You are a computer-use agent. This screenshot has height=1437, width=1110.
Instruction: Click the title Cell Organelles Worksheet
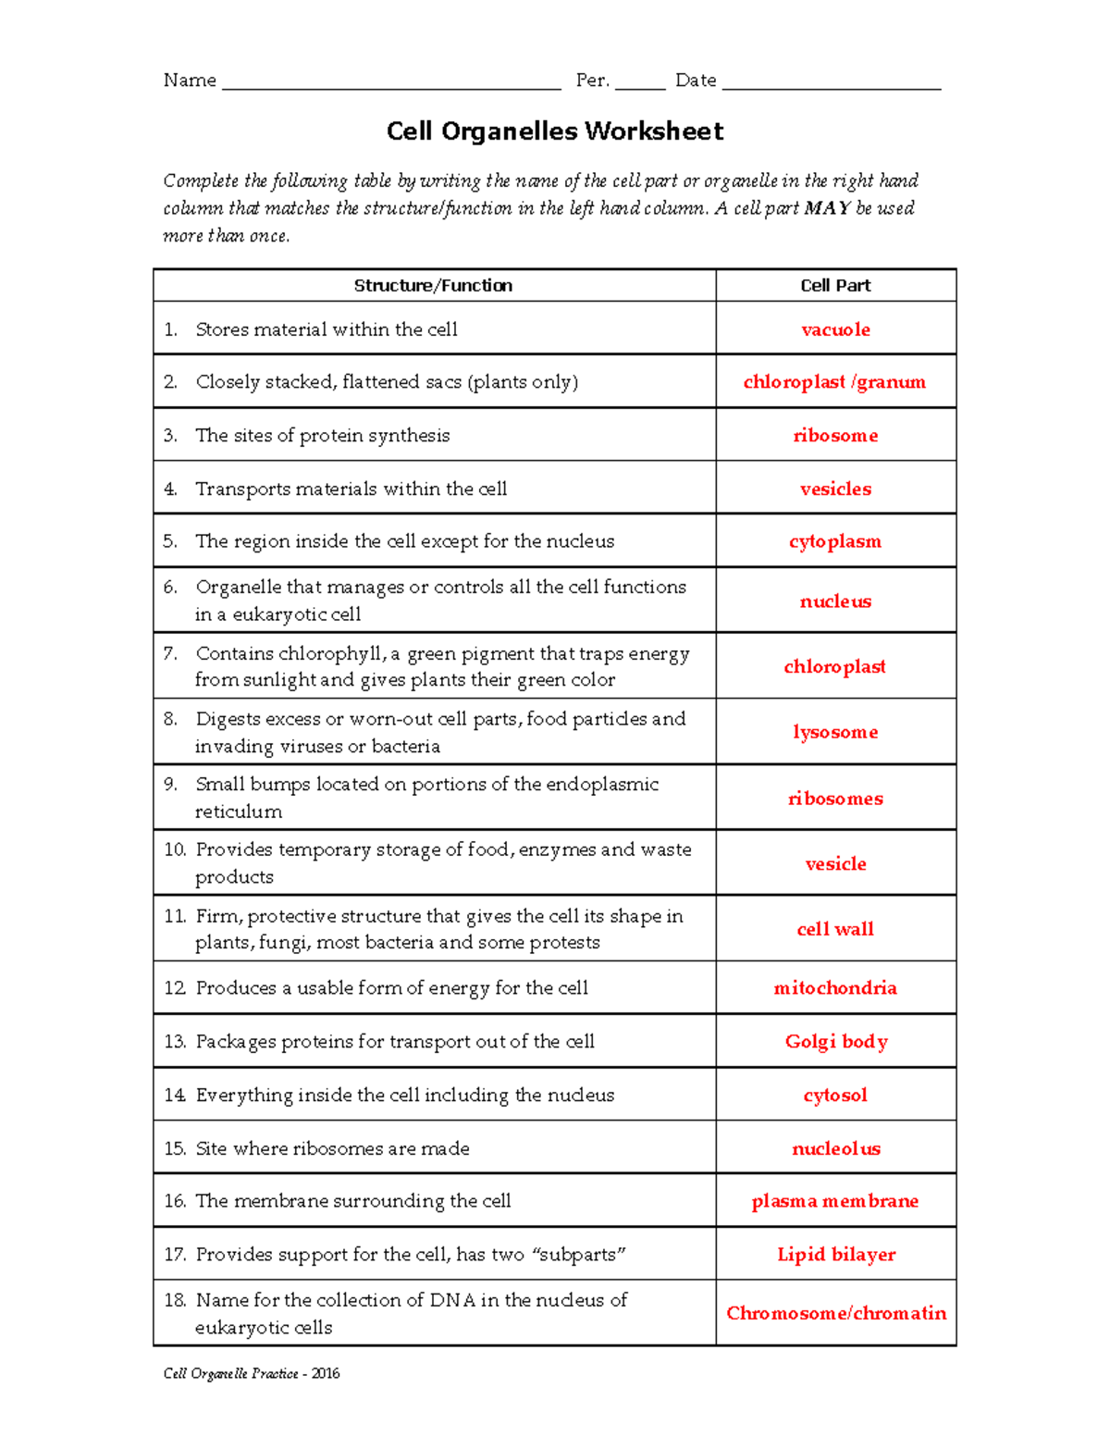(x=555, y=131)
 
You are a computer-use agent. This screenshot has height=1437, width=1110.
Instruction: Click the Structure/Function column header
(x=433, y=286)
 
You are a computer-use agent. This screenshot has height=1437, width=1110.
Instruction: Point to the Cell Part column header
(x=835, y=286)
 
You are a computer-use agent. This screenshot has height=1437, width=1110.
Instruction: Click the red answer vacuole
(x=835, y=329)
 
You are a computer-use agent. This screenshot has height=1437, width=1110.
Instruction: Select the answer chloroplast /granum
(x=834, y=382)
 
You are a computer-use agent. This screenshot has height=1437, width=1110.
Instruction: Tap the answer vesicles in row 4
(x=835, y=489)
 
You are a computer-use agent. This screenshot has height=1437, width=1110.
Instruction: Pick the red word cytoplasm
(x=835, y=541)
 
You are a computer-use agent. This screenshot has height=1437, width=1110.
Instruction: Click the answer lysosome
(x=835, y=732)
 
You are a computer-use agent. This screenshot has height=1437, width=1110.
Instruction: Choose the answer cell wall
(x=835, y=929)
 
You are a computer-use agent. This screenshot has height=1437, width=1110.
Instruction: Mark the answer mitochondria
(x=835, y=988)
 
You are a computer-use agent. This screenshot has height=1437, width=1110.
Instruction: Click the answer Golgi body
(x=836, y=1042)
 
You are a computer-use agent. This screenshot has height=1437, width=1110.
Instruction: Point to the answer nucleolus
(x=836, y=1148)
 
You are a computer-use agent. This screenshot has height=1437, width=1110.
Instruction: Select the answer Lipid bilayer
(x=836, y=1255)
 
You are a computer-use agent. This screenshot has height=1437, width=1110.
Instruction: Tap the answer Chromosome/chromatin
(x=836, y=1313)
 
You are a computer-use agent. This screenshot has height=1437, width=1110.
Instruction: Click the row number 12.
(x=175, y=988)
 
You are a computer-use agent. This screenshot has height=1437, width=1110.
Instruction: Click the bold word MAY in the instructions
(x=827, y=208)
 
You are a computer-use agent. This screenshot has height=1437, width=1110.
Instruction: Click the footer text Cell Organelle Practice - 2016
(x=252, y=1373)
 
